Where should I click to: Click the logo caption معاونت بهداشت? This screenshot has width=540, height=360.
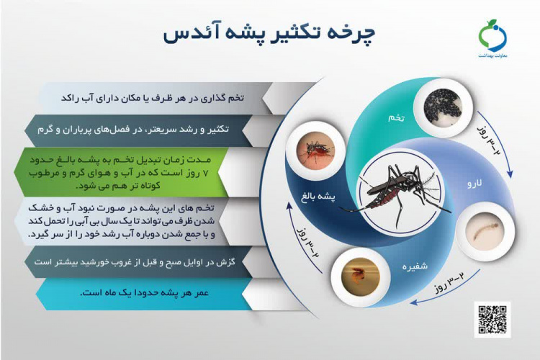point(493,56)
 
